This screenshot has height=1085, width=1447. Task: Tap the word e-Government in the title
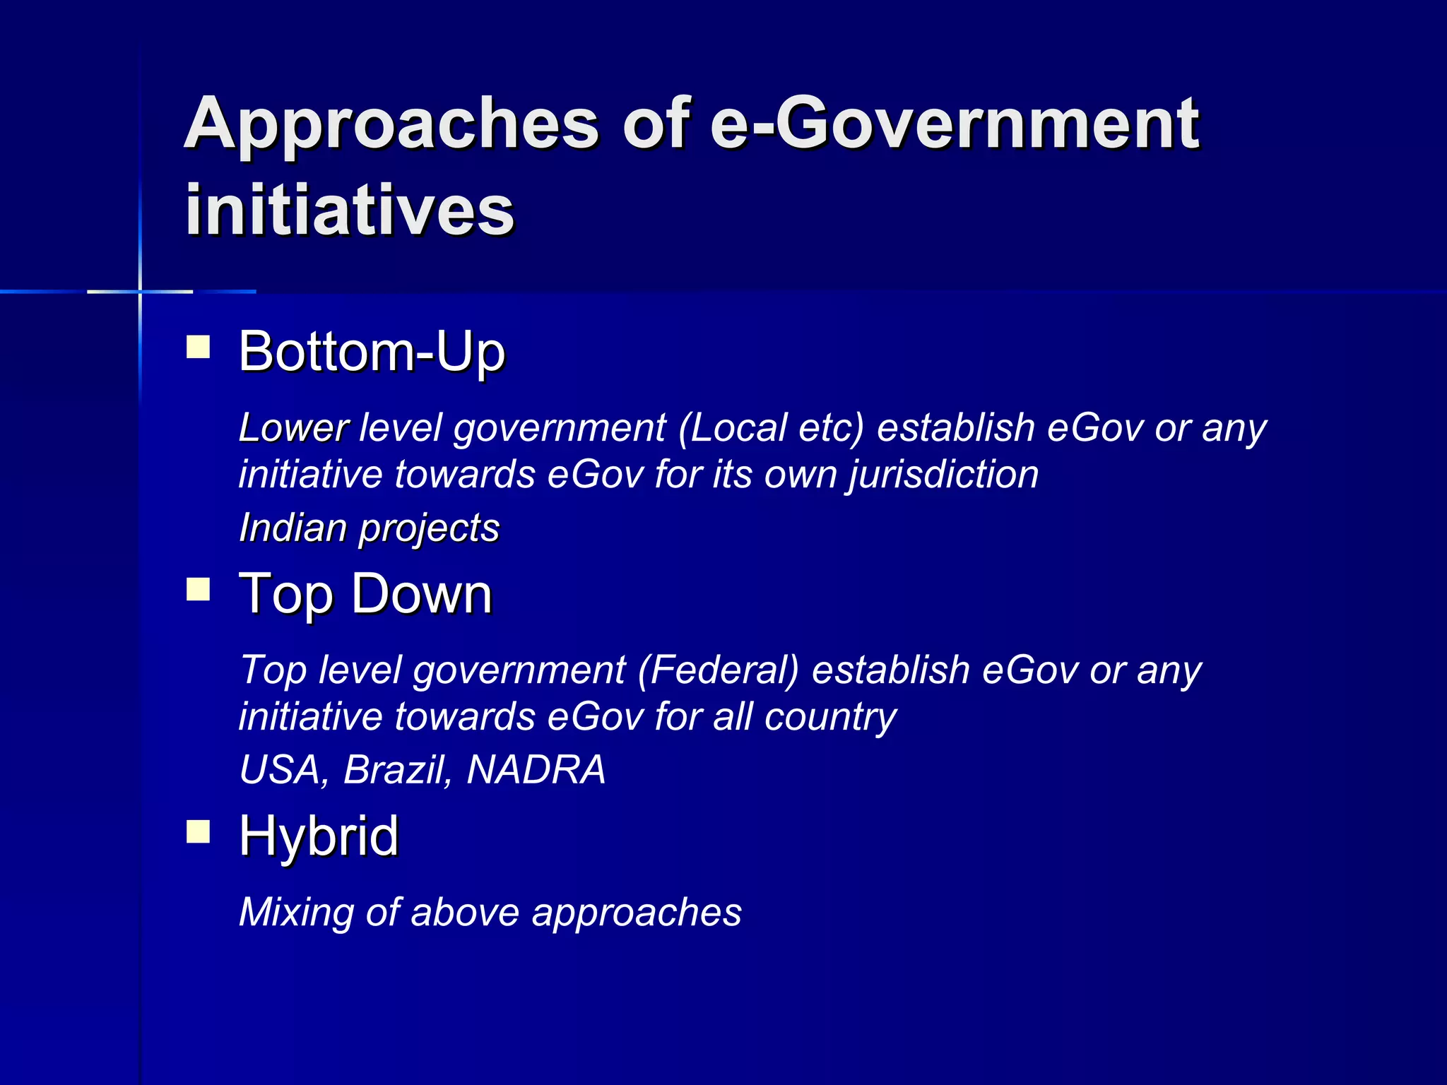coord(954,124)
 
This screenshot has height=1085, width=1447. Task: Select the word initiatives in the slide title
coord(350,209)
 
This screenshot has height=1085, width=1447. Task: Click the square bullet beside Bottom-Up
coord(199,347)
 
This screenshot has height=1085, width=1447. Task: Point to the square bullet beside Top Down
coord(199,589)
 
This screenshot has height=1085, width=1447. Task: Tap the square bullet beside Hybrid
coord(199,831)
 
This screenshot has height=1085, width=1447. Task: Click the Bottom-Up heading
coord(372,351)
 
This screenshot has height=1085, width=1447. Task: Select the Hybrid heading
coord(319,836)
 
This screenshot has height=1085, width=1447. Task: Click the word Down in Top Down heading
coord(422,594)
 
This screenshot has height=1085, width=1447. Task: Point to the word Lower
coord(293,428)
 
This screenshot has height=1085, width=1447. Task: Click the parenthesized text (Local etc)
coord(771,428)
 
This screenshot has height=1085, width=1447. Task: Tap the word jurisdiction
coord(944,475)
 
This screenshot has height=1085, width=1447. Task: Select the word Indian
coord(293,528)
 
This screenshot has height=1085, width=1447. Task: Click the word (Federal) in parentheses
coord(718,670)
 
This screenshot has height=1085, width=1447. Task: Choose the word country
coord(830,717)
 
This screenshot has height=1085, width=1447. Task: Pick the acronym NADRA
coord(536,769)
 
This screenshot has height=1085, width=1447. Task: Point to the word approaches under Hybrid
coord(637,913)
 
